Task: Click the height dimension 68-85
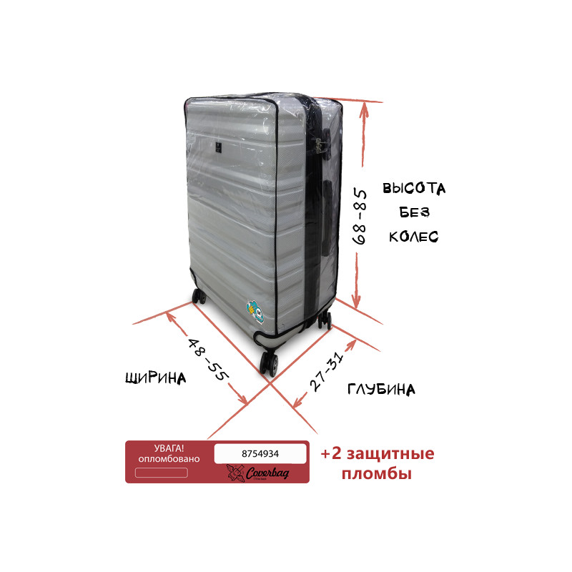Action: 360,217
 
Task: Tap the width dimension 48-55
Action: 208,360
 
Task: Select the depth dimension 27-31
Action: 327,372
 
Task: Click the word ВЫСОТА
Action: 414,188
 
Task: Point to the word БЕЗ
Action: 414,212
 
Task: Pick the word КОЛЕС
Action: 414,237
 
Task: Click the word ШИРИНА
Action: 156,378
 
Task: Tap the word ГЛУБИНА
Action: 381,389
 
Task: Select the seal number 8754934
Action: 260,454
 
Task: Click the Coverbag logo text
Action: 267,473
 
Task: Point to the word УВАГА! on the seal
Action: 169,448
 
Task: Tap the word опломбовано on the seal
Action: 169,459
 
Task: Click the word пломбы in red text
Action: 377,474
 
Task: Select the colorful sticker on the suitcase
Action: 255,311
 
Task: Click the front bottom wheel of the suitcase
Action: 269,363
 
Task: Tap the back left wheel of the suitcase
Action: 199,296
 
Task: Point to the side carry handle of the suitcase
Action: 327,217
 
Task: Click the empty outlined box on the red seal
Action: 162,473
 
